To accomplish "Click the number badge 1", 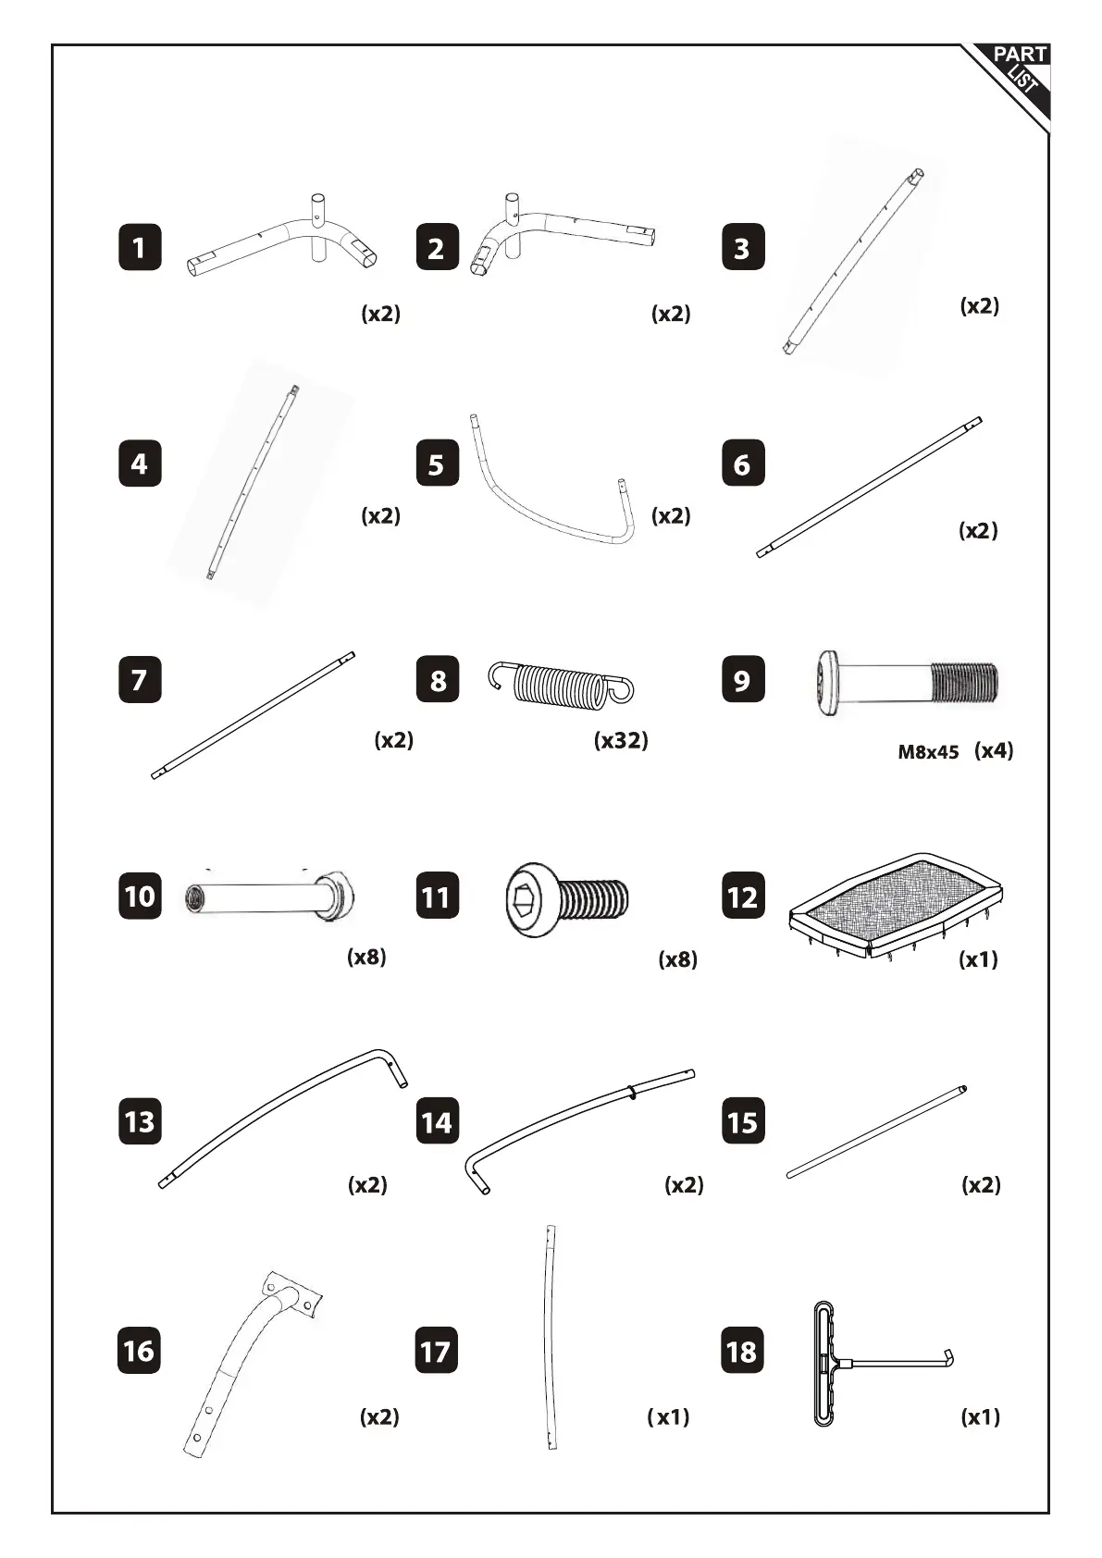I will tap(140, 248).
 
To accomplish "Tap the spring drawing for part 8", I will tap(561, 685).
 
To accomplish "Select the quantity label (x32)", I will tap(620, 740).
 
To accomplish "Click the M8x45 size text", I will tap(928, 752).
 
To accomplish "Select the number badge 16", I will tap(140, 1351).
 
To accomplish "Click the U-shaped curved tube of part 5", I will tap(551, 500).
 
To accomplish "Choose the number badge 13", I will tap(140, 1121).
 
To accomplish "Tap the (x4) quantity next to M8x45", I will tap(994, 750).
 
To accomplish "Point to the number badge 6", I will tap(742, 464).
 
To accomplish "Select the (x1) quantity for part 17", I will tap(668, 1416).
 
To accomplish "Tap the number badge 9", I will tap(742, 680).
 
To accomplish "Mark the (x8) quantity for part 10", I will tap(366, 957).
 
